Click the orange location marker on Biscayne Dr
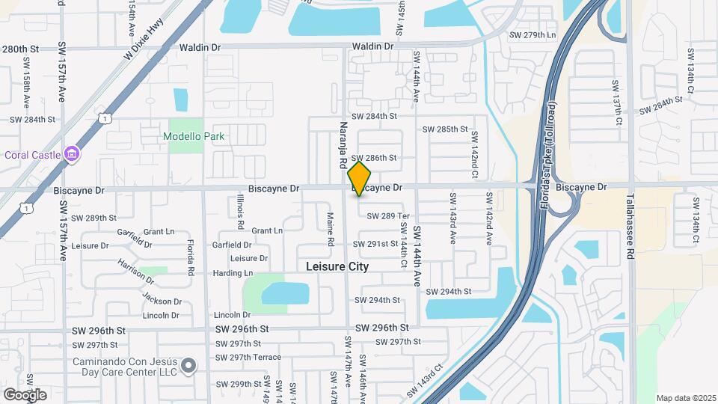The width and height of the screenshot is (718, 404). click(359, 178)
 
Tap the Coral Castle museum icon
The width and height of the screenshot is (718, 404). click(73, 155)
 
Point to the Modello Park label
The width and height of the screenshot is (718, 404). click(194, 136)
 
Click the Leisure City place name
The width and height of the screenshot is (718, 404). click(337, 266)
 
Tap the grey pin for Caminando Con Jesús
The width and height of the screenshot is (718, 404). click(188, 366)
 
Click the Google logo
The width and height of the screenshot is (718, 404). click(25, 394)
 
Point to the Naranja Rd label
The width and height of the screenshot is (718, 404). click(343, 144)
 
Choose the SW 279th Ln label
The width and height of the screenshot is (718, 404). click(533, 35)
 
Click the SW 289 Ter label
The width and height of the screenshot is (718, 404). click(388, 216)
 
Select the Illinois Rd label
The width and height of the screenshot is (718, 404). click(240, 211)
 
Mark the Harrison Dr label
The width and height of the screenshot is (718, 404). click(135, 272)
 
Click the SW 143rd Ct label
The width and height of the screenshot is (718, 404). click(426, 382)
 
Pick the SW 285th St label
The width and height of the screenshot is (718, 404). click(445, 129)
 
